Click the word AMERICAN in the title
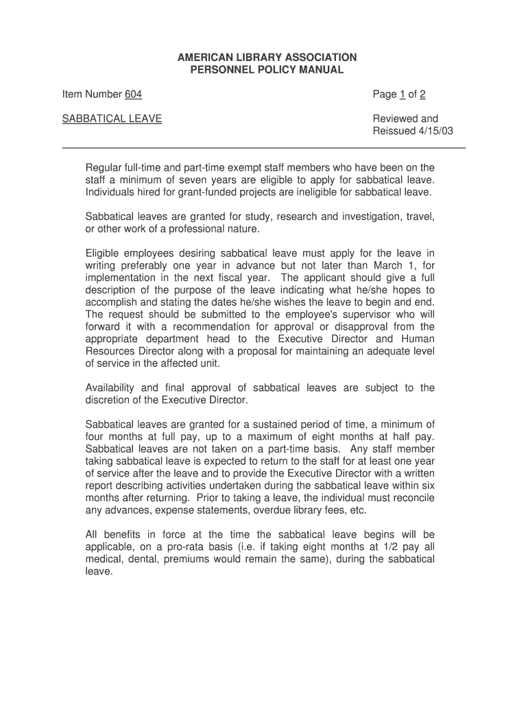pos(202,58)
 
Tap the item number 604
pos(133,95)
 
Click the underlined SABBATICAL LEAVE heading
pos(112,119)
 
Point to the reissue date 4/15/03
pos(436,131)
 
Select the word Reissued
pos(394,131)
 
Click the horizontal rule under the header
pos(264,148)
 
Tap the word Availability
pos(112,388)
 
